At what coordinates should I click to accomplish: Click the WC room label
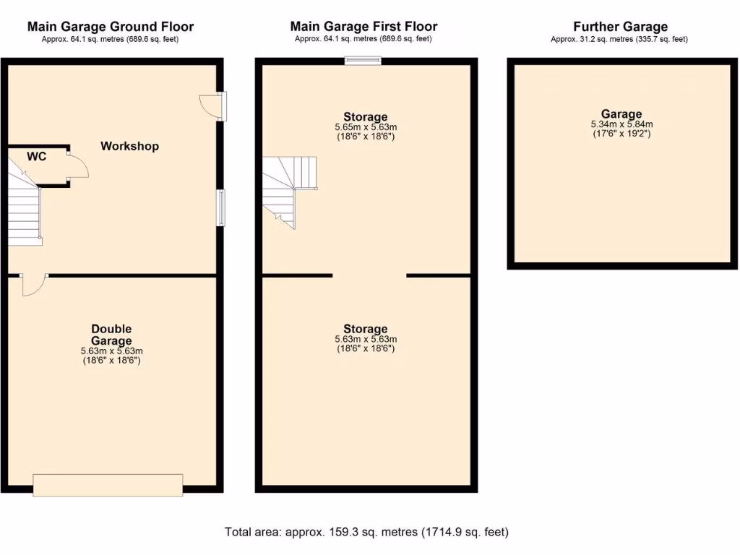[37, 156]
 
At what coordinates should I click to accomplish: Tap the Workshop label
[129, 146]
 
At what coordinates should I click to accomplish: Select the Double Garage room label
[111, 335]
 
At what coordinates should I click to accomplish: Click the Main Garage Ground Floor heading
[111, 27]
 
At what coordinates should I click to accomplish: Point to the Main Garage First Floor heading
[363, 27]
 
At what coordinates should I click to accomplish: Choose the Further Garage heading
[619, 27]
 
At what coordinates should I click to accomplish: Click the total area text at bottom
[366, 532]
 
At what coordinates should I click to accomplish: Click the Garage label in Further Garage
[621, 113]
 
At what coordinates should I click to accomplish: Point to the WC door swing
[77, 166]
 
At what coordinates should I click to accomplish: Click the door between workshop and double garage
[33, 284]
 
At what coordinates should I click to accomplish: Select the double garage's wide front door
[108, 484]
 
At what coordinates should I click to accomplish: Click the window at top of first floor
[363, 61]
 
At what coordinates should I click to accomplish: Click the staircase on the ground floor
[25, 206]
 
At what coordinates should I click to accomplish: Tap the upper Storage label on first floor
[365, 116]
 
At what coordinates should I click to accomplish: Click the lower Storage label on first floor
[365, 329]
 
